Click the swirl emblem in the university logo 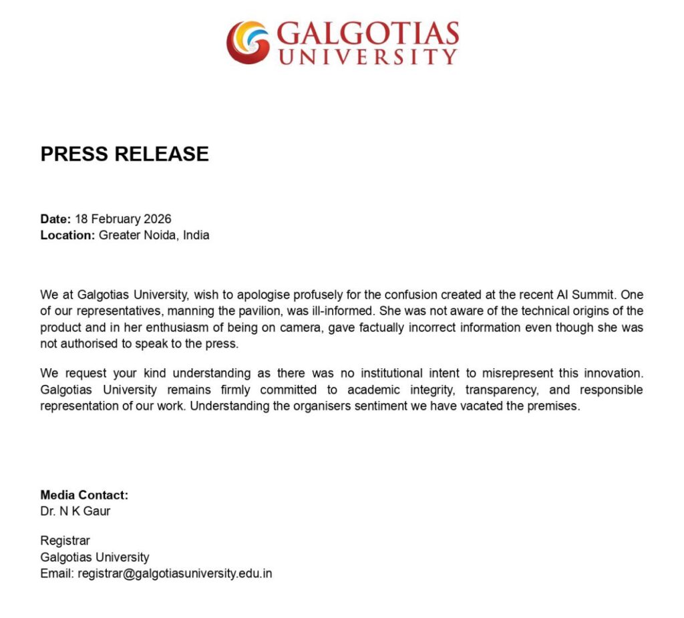tap(248, 42)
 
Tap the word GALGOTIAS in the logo tap(367, 33)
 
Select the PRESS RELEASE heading tap(124, 154)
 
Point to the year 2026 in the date tap(158, 219)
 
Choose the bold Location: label tap(67, 235)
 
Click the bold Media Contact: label tap(84, 495)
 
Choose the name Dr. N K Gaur tap(75, 512)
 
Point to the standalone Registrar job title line tap(65, 540)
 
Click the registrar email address tap(175, 573)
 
